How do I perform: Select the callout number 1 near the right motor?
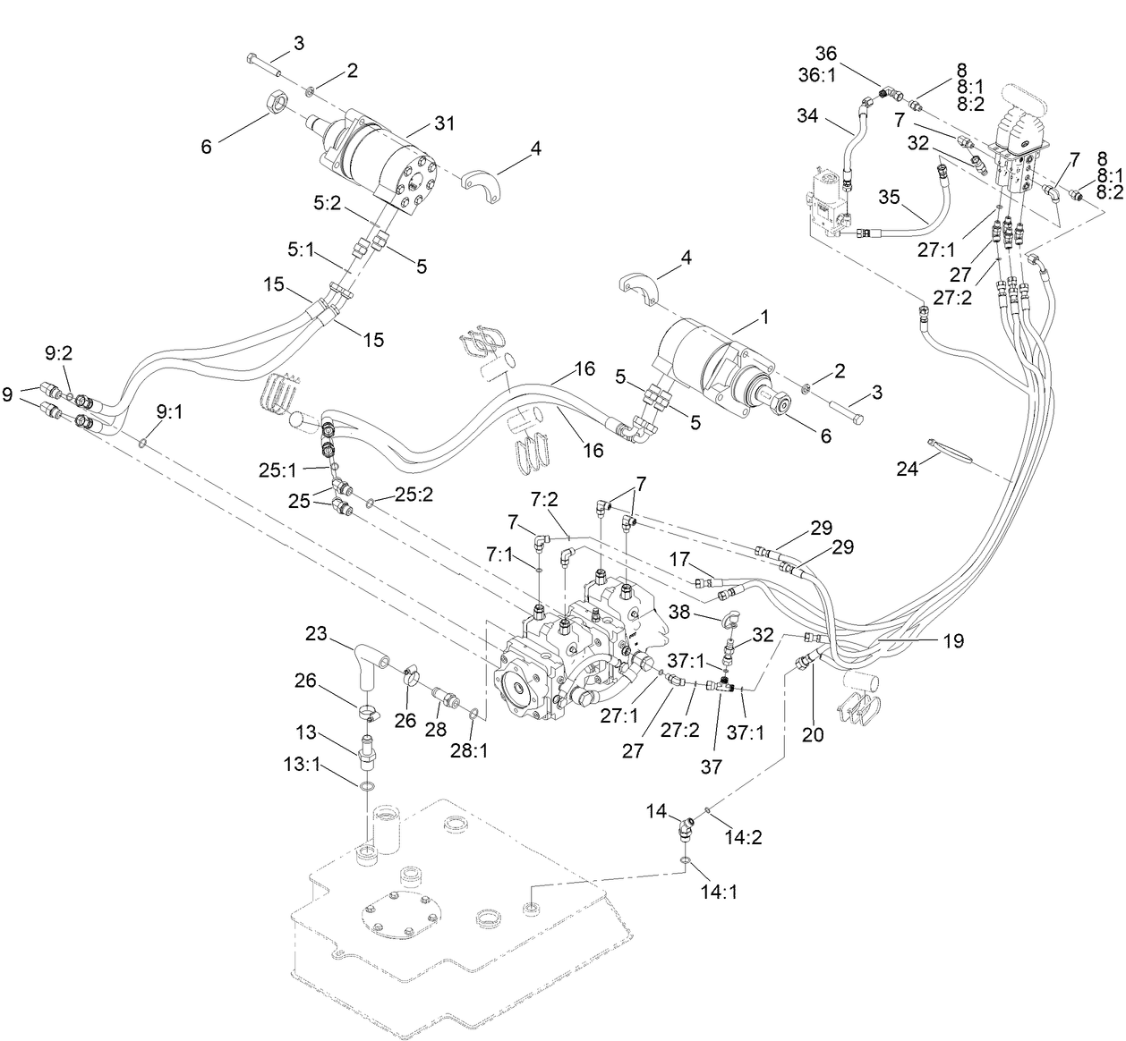tap(764, 317)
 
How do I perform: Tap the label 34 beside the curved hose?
tap(807, 116)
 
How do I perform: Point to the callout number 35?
tap(888, 196)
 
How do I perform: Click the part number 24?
tap(908, 468)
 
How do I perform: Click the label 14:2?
tap(745, 838)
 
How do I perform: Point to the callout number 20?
tap(814, 734)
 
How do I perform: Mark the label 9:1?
tap(168, 412)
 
